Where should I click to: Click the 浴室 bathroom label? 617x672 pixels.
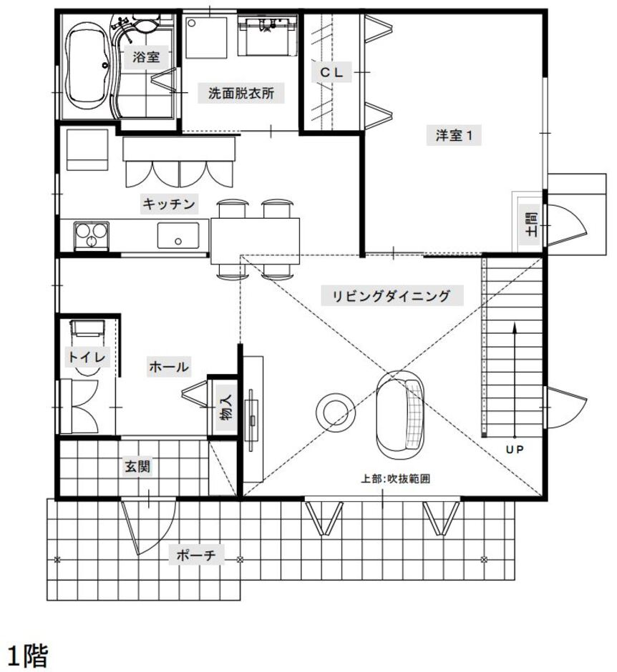click(x=146, y=57)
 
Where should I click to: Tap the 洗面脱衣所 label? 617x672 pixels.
click(x=241, y=93)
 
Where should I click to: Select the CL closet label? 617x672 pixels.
click(x=331, y=72)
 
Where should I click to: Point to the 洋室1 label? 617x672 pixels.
click(x=454, y=135)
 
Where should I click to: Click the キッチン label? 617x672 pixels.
click(x=169, y=204)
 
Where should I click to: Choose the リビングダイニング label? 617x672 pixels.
click(x=392, y=296)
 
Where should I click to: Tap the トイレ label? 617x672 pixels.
click(x=87, y=357)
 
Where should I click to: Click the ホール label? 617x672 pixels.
click(x=169, y=367)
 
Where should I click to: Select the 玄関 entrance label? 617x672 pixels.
click(x=137, y=466)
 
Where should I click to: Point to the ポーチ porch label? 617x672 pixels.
click(x=195, y=555)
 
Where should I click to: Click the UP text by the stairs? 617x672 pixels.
click(x=515, y=450)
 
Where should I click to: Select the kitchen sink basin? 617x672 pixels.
click(x=178, y=235)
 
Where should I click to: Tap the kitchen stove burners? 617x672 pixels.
click(x=92, y=235)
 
